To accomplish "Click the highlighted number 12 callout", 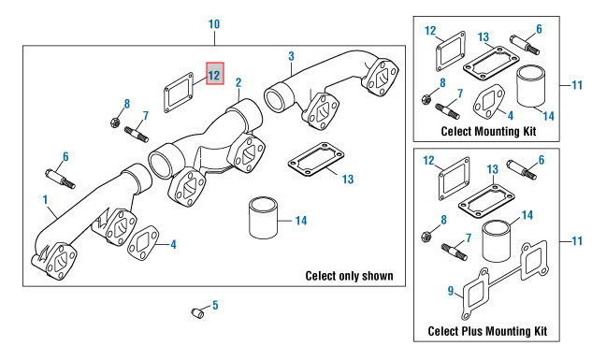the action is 215,74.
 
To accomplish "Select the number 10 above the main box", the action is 214,24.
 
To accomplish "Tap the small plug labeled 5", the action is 197,313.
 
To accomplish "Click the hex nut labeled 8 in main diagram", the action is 115,122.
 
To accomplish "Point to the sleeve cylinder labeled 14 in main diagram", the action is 263,217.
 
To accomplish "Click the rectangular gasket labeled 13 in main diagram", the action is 316,160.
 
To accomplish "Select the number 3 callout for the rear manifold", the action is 291,56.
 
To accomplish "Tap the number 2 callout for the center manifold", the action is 238,82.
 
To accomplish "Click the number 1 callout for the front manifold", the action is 45,199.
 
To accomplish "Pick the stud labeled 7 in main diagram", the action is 137,135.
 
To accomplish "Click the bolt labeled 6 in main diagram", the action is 61,179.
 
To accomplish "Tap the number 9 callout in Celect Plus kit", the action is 451,291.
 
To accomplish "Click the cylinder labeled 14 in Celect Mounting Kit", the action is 531,86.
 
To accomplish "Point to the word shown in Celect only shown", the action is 378,276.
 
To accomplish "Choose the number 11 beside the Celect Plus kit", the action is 577,240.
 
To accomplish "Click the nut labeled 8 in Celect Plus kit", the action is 426,237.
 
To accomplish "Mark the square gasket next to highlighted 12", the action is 179,93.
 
